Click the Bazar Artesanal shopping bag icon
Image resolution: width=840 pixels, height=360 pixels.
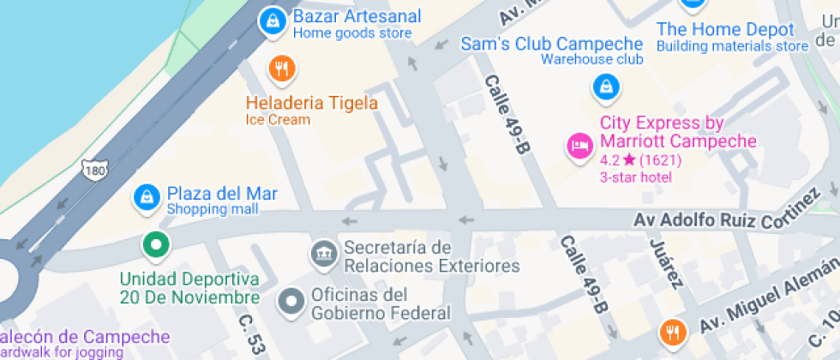pyautogui.click(x=273, y=21)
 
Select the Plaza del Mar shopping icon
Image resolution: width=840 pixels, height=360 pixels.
pyautogui.click(x=148, y=199)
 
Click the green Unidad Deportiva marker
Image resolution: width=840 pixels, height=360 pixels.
pyautogui.click(x=155, y=246)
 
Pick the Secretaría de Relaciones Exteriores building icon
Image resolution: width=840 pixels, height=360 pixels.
pyautogui.click(x=324, y=253)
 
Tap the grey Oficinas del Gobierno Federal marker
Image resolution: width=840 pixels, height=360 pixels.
pyautogui.click(x=292, y=301)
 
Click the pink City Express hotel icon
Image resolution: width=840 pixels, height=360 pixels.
pyautogui.click(x=580, y=146)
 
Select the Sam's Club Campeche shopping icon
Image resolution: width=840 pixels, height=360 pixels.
pyautogui.click(x=606, y=87)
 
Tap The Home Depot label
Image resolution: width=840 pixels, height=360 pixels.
pyautogui.click(x=725, y=29)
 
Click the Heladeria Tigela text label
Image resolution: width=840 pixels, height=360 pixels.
pyautogui.click(x=311, y=104)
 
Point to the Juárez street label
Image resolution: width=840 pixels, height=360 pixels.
pyautogui.click(x=667, y=265)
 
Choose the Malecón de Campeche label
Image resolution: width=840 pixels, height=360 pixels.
pyautogui.click(x=86, y=338)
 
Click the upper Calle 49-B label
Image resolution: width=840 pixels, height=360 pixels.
pyautogui.click(x=507, y=114)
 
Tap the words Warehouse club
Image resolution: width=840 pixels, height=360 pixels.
pyautogui.click(x=591, y=60)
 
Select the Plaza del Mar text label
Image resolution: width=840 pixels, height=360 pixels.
pyautogui.click(x=221, y=194)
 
